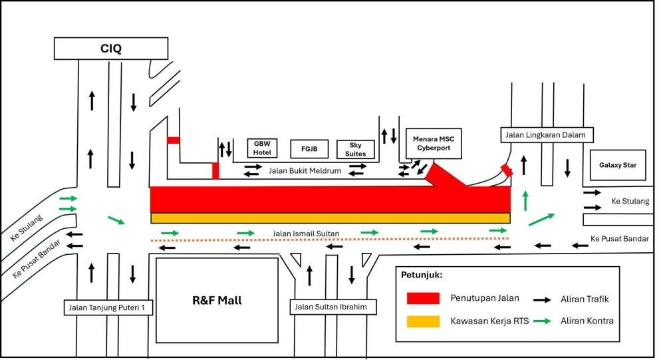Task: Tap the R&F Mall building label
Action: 217,300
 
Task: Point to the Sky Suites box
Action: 356,149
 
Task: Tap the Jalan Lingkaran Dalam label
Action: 545,135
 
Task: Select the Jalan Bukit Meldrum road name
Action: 305,171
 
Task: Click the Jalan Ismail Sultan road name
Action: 306,234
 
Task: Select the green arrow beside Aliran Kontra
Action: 543,321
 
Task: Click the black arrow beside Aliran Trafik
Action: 543,299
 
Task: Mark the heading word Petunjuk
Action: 421,274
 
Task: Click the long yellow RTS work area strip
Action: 330,218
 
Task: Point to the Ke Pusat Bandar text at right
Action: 618,238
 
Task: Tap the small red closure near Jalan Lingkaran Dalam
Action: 507,170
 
